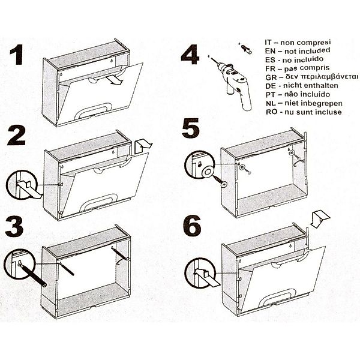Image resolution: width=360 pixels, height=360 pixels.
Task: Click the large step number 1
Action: point(17,55)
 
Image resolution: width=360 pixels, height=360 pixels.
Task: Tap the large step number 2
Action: point(16,135)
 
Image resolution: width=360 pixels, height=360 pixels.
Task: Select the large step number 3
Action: point(14,227)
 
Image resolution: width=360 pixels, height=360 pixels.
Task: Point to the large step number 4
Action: point(190,55)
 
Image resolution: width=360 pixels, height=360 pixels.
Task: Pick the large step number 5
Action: point(191,128)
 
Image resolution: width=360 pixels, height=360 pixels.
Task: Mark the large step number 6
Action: point(192,226)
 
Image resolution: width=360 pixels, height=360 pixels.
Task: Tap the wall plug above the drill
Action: point(246,49)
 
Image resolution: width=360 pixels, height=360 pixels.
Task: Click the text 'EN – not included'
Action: point(298,51)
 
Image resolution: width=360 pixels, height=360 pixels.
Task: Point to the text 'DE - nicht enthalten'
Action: point(302,86)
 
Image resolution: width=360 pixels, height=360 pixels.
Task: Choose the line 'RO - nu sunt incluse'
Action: point(304,112)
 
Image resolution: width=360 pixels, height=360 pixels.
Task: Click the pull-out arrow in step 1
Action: point(115,80)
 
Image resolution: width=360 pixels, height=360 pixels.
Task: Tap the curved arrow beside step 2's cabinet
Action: point(143,146)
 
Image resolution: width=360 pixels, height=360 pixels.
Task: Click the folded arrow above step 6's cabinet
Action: point(320,219)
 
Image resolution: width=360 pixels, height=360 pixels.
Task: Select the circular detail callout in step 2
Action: point(22,185)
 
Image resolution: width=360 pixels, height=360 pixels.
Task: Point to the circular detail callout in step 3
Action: point(20,263)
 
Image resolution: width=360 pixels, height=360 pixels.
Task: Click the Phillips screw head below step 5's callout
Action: point(224,184)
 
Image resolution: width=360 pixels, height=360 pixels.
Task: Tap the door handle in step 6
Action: point(276,298)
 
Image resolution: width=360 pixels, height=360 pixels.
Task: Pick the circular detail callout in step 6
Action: point(200,273)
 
